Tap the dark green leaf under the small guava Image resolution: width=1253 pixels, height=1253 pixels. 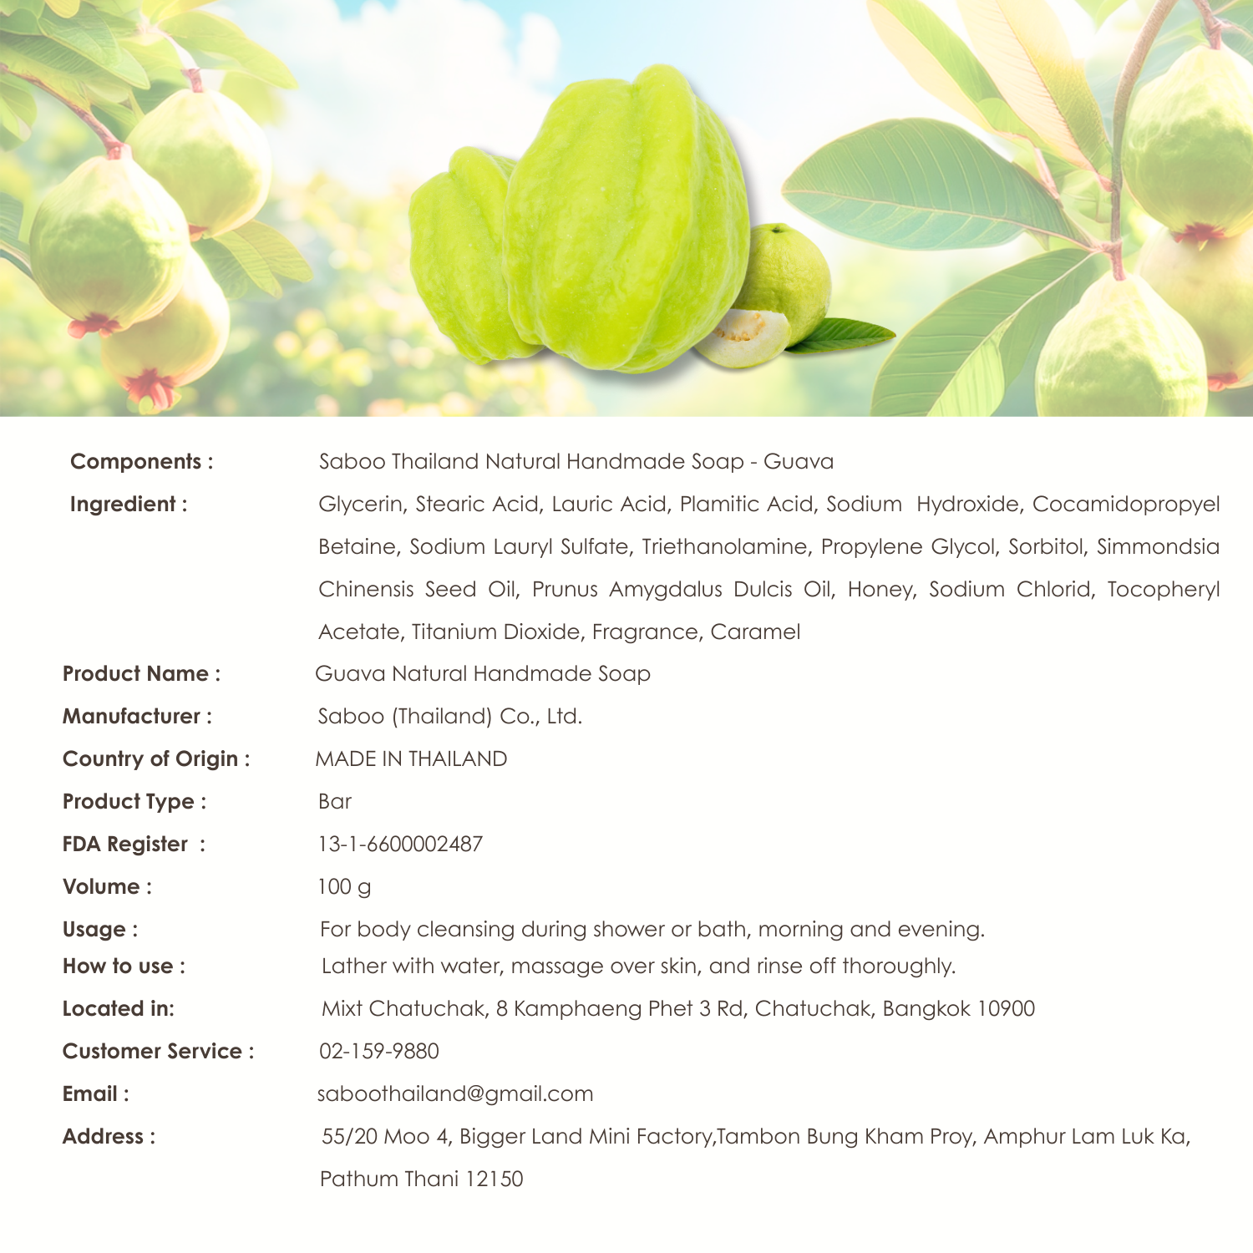pos(844,335)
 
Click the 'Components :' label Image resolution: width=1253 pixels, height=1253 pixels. pos(141,462)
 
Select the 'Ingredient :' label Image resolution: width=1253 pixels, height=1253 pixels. pos(128,505)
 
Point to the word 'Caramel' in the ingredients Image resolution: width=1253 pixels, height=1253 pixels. pos(755,632)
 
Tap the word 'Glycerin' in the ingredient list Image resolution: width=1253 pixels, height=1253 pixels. pos(360,505)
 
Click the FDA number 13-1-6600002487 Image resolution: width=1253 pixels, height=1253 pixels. pos(400,845)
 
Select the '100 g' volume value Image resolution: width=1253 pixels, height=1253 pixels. pos(344,887)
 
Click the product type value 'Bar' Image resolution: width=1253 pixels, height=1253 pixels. pos(335,802)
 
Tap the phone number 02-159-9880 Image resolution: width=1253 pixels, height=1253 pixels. pos(379,1052)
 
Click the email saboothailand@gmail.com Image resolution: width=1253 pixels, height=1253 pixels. pos(455,1094)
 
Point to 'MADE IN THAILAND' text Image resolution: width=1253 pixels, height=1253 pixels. pos(411,759)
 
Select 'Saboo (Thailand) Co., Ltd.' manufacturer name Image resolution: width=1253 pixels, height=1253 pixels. pos(450,717)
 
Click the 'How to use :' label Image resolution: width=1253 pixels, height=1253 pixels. pos(124,966)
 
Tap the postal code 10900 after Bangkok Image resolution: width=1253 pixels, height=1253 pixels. pos(1006,1009)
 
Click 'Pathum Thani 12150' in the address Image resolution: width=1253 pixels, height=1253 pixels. pos(422,1179)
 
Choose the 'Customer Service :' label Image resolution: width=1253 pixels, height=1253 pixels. pos(158,1052)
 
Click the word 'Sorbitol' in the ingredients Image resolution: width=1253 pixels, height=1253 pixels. pos(1047,547)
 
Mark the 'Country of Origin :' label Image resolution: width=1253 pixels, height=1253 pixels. pos(156,759)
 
